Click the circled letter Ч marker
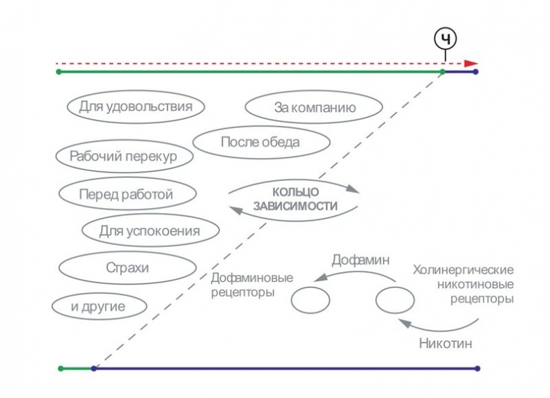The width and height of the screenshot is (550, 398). (x=446, y=40)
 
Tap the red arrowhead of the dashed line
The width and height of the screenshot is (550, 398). (x=472, y=62)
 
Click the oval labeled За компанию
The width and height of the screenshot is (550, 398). (x=314, y=108)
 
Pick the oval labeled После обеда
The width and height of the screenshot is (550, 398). (x=260, y=143)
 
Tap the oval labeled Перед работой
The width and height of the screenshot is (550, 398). (x=126, y=195)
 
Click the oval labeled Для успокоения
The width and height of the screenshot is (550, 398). (x=150, y=230)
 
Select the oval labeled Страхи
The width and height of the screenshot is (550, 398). (x=127, y=267)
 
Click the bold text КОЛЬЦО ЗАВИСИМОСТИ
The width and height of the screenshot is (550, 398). (x=294, y=198)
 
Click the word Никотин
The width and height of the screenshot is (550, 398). (x=442, y=343)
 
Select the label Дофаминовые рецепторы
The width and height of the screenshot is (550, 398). (x=252, y=285)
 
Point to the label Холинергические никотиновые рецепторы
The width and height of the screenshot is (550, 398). (x=463, y=284)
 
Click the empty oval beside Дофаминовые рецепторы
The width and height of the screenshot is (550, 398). (x=310, y=301)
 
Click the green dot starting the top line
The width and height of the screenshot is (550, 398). (x=58, y=72)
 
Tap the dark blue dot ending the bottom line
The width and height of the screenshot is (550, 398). (x=477, y=368)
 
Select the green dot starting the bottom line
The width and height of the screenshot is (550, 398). (x=61, y=368)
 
